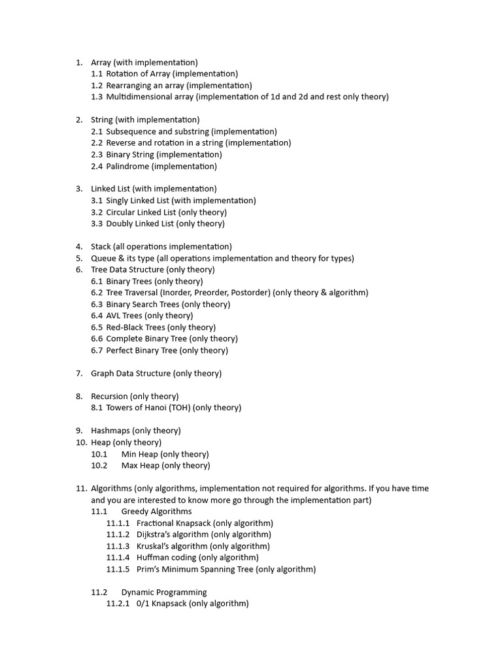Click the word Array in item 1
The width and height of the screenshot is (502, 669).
pyautogui.click(x=101, y=63)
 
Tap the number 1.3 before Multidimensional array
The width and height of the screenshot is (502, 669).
pyautogui.click(x=97, y=97)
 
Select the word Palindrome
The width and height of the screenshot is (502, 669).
pyautogui.click(x=127, y=166)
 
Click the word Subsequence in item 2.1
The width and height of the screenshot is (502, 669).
pyautogui.click(x=131, y=131)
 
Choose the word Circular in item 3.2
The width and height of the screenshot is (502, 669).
pyautogui.click(x=122, y=212)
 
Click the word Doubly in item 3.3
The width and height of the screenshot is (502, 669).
pyautogui.click(x=119, y=223)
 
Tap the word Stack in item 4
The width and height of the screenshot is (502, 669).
pyautogui.click(x=101, y=247)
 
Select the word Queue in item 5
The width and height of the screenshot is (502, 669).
pyautogui.click(x=103, y=258)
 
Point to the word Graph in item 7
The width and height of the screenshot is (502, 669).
pyautogui.click(x=102, y=374)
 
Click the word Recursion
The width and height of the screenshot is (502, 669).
pyautogui.click(x=109, y=397)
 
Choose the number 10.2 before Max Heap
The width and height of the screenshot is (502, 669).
pyautogui.click(x=99, y=466)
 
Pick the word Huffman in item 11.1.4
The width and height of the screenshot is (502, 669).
pyautogui.click(x=154, y=557)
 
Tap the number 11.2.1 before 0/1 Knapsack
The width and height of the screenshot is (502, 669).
pyautogui.click(x=118, y=604)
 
